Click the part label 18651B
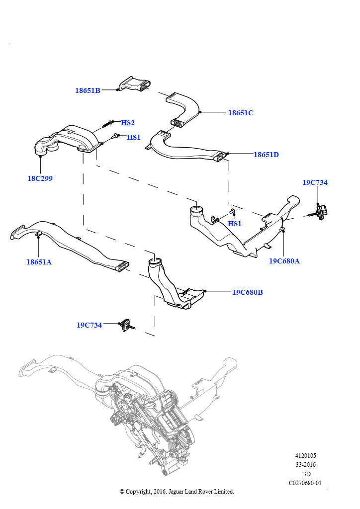[x=88, y=90]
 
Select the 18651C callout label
[x=241, y=113]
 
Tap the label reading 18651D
[x=266, y=155]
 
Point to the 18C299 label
[x=40, y=178]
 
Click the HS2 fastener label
[x=128, y=123]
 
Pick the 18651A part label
[x=39, y=261]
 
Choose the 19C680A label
[x=284, y=261]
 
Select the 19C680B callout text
[x=248, y=292]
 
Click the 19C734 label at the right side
[x=315, y=182]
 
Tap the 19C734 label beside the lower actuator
[x=89, y=325]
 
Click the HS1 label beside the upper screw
[x=134, y=137]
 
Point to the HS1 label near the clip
[x=234, y=224]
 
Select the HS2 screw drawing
[x=108, y=124]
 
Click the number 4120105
[x=305, y=456]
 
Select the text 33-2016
[x=305, y=465]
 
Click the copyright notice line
[x=177, y=492]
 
